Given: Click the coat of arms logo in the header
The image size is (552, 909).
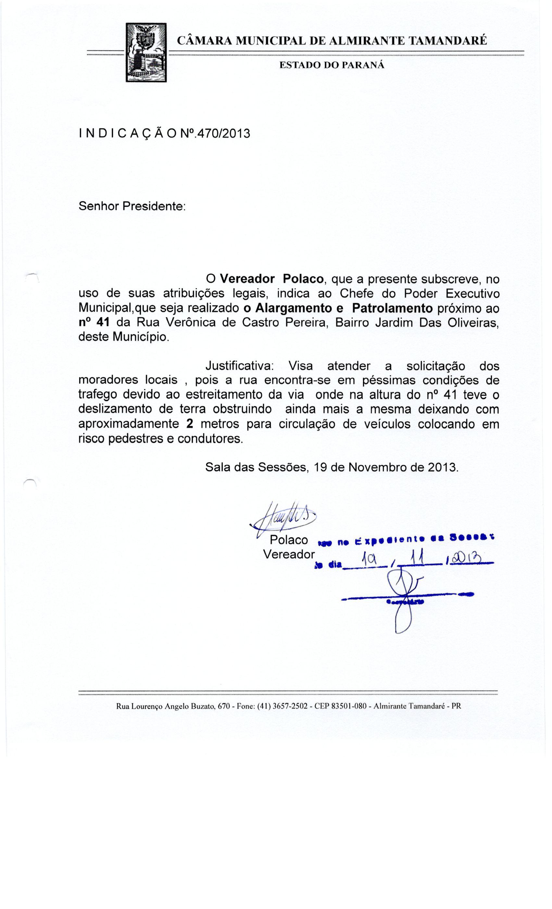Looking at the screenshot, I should pyautogui.click(x=146, y=52).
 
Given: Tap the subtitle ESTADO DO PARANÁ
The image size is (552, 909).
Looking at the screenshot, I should pyautogui.click(x=331, y=65).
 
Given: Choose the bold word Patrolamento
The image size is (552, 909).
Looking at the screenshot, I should pyautogui.click(x=392, y=308).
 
